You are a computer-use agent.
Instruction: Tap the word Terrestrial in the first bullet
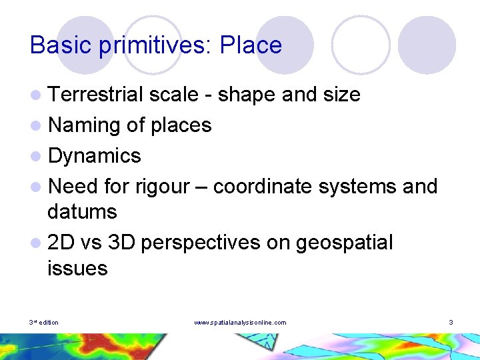[x=96, y=95]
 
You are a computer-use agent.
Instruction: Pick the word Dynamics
[x=95, y=156]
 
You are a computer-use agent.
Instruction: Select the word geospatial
[x=344, y=243]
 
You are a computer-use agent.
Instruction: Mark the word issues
[x=77, y=269]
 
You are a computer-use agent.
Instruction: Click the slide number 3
[x=451, y=323]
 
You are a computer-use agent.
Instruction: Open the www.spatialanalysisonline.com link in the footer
[x=240, y=323]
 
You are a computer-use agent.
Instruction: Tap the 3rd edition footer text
[x=44, y=323]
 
